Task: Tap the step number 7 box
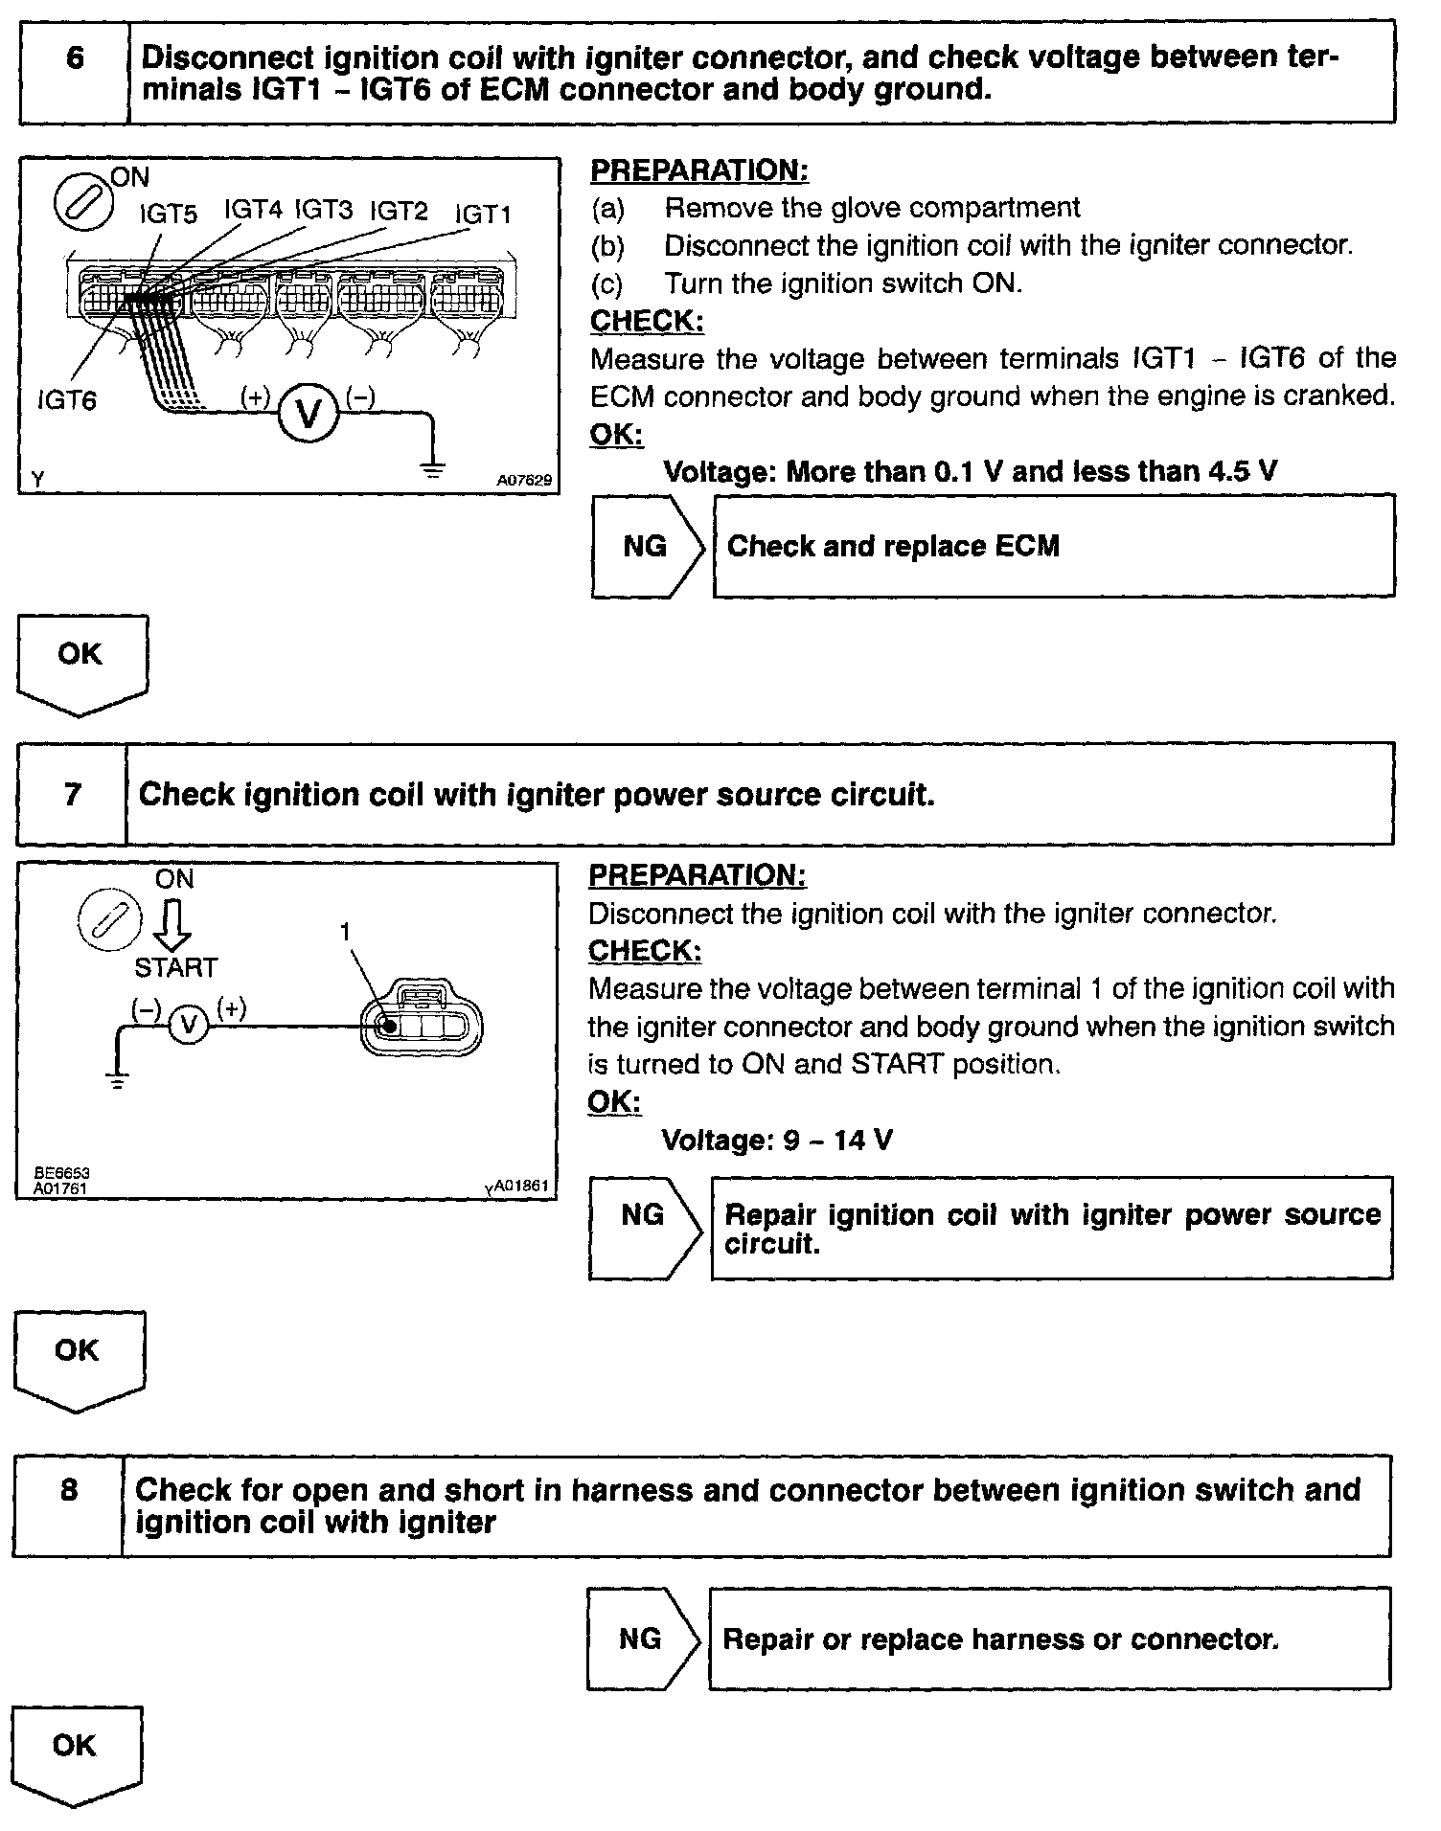[x=73, y=794]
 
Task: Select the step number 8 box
[x=69, y=1505]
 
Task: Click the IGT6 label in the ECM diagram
[x=67, y=399]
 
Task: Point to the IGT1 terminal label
[x=483, y=215]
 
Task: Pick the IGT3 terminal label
[x=323, y=210]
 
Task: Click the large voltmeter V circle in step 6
[x=309, y=413]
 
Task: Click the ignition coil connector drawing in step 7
[x=422, y=1024]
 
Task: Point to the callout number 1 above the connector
[x=346, y=931]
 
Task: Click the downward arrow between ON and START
[x=174, y=925]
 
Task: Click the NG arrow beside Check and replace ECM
[x=649, y=547]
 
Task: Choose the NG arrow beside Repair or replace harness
[x=644, y=1639]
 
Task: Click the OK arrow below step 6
[x=81, y=664]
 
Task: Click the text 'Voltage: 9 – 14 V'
[x=777, y=1141]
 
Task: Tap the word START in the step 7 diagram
[x=176, y=967]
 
